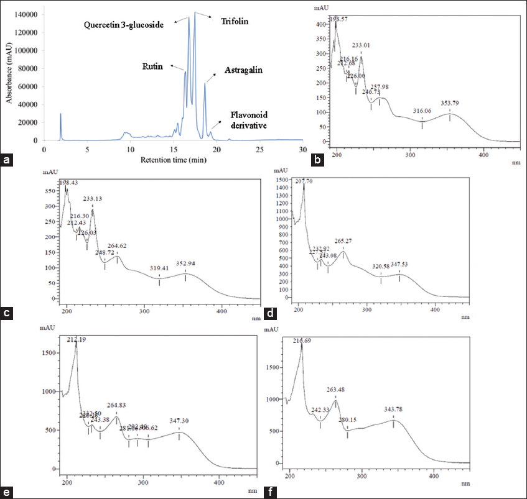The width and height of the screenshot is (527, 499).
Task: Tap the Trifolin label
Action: [x=234, y=21]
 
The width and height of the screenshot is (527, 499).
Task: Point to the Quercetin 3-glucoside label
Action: [x=129, y=24]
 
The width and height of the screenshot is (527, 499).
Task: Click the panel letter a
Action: [x=7, y=160]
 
